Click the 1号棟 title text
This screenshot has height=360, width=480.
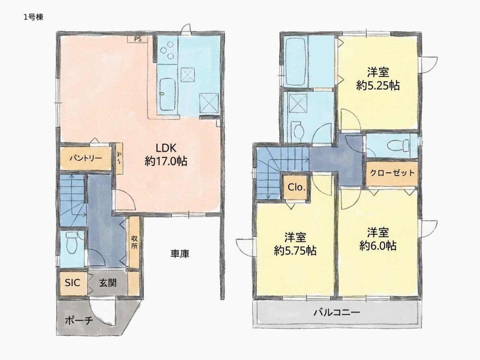pos(34,17)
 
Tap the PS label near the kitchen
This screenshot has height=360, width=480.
pos(138,39)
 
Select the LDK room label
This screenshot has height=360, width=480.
pos(166,148)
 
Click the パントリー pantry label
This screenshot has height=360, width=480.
pos(86,158)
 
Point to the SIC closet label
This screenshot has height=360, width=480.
pos(72,283)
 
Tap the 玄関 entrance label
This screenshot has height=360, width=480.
pos(108,283)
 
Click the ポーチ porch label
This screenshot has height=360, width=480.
pos(79,321)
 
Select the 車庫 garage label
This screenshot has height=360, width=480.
pos(180,254)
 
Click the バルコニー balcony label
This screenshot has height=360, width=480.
pos(337,312)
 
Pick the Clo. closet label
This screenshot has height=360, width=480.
pos(296,187)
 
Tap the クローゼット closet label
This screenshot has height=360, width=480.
pos(392,173)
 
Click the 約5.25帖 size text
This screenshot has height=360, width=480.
pos(378,86)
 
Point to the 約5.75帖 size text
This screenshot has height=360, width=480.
pos(295,251)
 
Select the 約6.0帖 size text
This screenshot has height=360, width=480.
pos(378,246)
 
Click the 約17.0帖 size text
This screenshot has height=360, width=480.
pos(166,162)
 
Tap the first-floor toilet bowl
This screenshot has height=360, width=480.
pos(72,242)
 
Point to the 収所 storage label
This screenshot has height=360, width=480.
pos(134,242)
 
